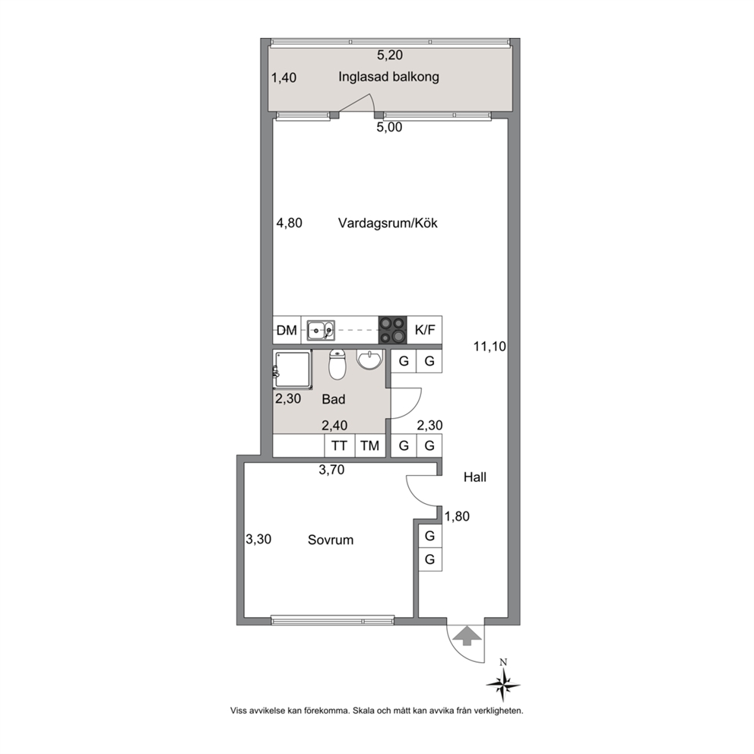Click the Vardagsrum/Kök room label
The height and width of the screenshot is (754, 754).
pos(388,223)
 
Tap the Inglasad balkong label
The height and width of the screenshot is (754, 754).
pos(388,77)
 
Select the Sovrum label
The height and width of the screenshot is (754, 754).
pos(331,540)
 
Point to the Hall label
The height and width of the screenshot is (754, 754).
pos(474,477)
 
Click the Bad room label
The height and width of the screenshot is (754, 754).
pos(333,399)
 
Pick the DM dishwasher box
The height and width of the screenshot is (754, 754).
pos(287,331)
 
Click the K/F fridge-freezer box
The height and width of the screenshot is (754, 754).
pos(425,331)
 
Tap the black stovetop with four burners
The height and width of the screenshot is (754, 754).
pos(393,331)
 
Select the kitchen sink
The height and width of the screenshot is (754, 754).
pos(322,331)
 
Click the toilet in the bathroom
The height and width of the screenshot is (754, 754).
pos(337,366)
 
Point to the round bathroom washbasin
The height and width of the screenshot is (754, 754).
pos(369,360)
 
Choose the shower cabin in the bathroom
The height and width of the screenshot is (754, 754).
pos(293,369)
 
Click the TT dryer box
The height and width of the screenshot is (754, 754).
pos(339,445)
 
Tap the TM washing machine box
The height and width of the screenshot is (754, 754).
pos(370,445)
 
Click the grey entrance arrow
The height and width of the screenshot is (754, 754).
pos(466,635)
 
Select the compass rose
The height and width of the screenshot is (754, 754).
pos(503,683)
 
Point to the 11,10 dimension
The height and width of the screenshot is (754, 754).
pos(489,347)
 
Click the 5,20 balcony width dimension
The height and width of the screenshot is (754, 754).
pos(389,55)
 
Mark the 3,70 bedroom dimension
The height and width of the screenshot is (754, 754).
pos(331,469)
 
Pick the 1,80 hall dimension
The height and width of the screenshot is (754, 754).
pos(457,516)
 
